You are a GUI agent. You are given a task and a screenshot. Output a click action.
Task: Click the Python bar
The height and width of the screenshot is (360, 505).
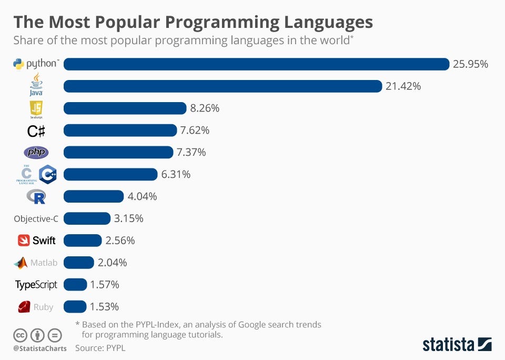[x=256, y=64]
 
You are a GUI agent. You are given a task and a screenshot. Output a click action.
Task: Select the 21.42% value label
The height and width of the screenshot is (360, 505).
[x=403, y=86]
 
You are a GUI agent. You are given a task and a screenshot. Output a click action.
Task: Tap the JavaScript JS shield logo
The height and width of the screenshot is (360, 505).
[x=36, y=108]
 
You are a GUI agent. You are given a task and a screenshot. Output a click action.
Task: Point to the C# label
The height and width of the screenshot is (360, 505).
[x=36, y=131]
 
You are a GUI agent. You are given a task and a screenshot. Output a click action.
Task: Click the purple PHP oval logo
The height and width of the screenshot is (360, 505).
[x=36, y=153]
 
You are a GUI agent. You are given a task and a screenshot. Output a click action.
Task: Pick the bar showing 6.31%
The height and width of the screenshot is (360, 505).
[x=110, y=174]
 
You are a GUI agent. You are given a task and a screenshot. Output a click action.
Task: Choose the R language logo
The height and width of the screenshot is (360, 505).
[x=36, y=197]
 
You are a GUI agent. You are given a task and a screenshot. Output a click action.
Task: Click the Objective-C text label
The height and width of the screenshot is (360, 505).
[x=36, y=219]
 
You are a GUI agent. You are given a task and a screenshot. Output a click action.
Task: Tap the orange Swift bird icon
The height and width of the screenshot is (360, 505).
[x=24, y=241]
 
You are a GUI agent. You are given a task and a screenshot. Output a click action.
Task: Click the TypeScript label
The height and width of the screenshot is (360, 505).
[x=36, y=285]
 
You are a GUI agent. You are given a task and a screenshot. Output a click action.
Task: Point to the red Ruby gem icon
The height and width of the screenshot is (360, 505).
[x=23, y=307]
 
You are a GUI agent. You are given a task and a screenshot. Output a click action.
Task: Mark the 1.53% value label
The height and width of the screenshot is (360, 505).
[x=104, y=307]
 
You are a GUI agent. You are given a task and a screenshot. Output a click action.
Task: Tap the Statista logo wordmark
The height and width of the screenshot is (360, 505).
[x=448, y=345]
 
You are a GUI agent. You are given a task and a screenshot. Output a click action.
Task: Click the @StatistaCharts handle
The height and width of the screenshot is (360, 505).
[x=40, y=348]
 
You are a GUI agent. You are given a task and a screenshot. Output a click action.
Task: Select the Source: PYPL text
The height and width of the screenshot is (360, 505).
[x=100, y=348]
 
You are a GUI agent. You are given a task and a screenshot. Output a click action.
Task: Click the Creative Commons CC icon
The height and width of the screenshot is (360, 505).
[x=20, y=335]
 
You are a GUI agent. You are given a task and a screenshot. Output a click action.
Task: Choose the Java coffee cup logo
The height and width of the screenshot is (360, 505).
[x=36, y=84]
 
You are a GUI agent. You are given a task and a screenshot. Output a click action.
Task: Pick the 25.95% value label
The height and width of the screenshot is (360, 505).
[x=471, y=64]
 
